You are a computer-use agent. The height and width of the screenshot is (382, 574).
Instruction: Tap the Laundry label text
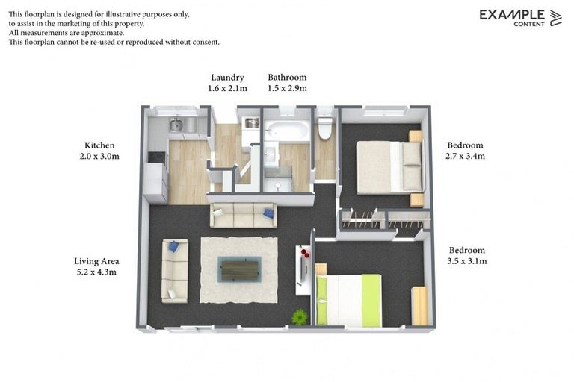click(227, 77)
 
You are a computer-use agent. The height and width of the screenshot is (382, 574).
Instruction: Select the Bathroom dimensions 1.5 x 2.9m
click(287, 88)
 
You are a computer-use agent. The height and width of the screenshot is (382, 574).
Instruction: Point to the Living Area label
click(96, 261)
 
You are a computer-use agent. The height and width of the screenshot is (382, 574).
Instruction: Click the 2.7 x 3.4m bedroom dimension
click(465, 157)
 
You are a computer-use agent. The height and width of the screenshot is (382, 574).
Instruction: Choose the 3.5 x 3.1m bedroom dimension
click(466, 261)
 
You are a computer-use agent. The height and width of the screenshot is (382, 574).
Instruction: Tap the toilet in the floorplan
click(325, 126)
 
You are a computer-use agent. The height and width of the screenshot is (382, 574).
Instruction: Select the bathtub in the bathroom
click(287, 131)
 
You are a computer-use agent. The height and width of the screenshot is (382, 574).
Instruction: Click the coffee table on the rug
click(239, 269)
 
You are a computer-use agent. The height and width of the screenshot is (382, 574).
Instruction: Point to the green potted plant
click(300, 317)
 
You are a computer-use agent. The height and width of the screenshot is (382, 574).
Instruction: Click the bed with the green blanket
click(348, 300)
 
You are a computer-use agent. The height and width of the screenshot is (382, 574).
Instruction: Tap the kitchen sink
click(176, 125)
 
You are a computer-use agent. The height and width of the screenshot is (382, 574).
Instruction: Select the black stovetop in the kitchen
click(156, 157)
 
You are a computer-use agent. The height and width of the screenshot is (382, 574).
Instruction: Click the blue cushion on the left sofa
click(173, 246)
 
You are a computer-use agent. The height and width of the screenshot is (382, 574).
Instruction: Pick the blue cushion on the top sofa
click(268, 214)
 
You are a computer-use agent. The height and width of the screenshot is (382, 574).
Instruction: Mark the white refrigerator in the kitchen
click(156, 183)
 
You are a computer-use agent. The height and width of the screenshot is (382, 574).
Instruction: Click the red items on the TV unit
click(305, 254)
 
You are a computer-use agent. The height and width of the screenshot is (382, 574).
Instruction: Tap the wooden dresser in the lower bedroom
click(419, 305)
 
